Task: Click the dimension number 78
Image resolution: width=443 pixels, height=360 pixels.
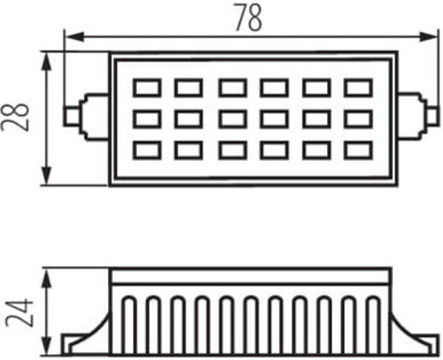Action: pyautogui.click(x=248, y=18)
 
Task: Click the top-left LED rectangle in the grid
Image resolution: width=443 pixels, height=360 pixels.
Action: pyautogui.click(x=147, y=88)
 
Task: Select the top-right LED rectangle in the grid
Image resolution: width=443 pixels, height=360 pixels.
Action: pyautogui.click(x=358, y=88)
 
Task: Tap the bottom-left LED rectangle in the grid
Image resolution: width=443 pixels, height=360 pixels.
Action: pyautogui.click(x=147, y=150)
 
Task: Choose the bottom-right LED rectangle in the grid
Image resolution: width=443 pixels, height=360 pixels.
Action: pyautogui.click(x=358, y=150)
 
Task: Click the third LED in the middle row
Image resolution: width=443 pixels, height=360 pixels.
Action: pyautogui.click(x=232, y=119)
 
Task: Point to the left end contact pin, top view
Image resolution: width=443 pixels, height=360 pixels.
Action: pyautogui.click(x=72, y=116)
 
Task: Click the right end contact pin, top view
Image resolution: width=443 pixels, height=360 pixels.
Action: pyautogui.click(x=431, y=116)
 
